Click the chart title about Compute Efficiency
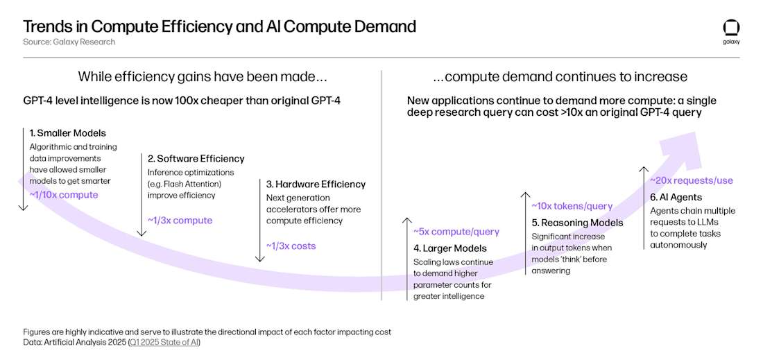point(219,26)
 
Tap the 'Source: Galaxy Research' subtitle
point(69,42)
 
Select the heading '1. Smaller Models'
point(67,132)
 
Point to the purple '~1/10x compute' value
point(64,195)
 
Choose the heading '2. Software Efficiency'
point(196,159)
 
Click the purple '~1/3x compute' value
point(180,221)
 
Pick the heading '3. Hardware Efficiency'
point(316,185)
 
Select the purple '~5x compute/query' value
point(456,232)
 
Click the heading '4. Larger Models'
point(449,248)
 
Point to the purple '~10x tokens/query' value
point(572,206)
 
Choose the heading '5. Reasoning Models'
point(577,223)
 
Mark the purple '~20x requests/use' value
point(691,180)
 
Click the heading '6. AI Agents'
point(676,197)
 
